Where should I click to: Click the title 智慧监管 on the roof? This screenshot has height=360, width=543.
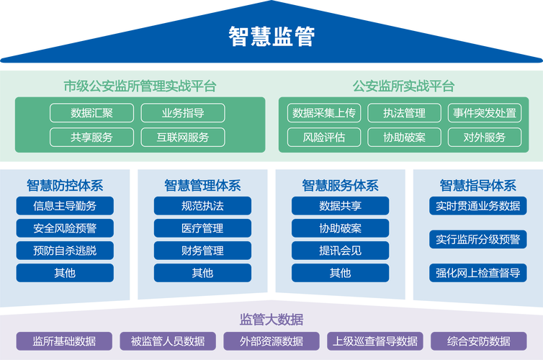pyautogui.click(x=271, y=35)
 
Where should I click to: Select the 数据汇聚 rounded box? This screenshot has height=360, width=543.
pyautogui.click(x=91, y=113)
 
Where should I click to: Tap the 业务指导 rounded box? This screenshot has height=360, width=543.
pyautogui.click(x=183, y=113)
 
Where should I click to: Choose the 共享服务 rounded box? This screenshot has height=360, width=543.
pyautogui.click(x=91, y=137)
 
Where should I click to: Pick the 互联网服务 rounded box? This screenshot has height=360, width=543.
pyautogui.click(x=183, y=137)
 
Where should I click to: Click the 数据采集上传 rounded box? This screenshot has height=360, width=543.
pyautogui.click(x=324, y=113)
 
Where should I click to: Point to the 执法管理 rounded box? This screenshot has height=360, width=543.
pyautogui.click(x=404, y=113)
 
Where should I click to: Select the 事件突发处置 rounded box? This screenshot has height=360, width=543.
pyautogui.click(x=484, y=113)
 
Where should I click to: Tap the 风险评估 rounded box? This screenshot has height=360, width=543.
pyautogui.click(x=324, y=137)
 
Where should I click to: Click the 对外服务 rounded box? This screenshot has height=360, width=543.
pyautogui.click(x=484, y=137)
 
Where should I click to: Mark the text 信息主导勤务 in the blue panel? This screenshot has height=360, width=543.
pyautogui.click(x=65, y=206)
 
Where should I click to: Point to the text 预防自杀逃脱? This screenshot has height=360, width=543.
pyautogui.click(x=65, y=251)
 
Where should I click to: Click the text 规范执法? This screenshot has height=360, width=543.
pyautogui.click(x=202, y=206)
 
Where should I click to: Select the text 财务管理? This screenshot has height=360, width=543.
pyautogui.click(x=202, y=251)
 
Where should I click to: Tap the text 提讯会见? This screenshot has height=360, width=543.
pyautogui.click(x=340, y=251)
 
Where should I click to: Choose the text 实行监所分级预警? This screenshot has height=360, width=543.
pyautogui.click(x=477, y=239)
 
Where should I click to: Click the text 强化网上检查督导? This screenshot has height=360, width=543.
pyautogui.click(x=477, y=273)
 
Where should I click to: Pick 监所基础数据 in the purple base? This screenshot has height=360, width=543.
pyautogui.click(x=64, y=341)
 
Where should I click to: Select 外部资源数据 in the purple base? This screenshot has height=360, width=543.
pyautogui.click(x=271, y=341)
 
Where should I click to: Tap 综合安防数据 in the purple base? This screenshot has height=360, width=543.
pyautogui.click(x=478, y=341)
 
